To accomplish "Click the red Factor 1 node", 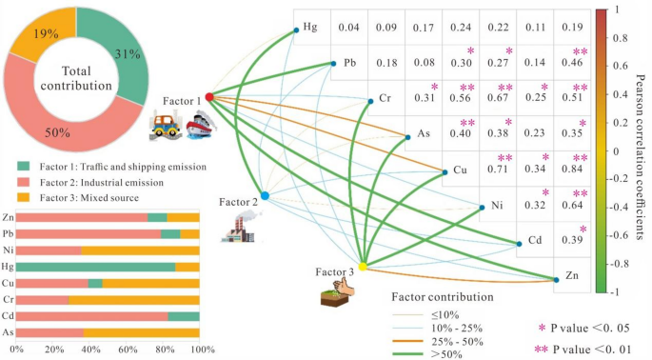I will coord(208,96).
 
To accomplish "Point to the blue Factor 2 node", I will coord(266,195).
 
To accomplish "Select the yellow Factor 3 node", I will coord(362,267).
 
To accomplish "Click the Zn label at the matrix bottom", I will coord(573,275).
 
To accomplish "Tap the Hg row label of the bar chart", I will coord(8,267).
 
